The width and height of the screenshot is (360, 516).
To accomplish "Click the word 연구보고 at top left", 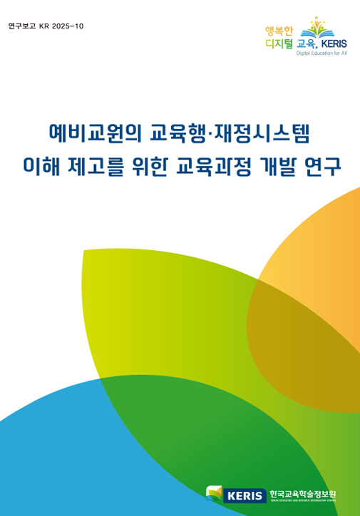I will pos(21,26).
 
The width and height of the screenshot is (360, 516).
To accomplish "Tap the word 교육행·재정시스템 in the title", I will pos(233,133).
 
